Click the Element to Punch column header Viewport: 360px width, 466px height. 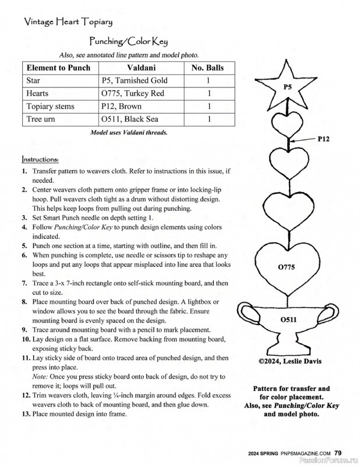(59, 68)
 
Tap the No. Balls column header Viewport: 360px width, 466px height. (207, 68)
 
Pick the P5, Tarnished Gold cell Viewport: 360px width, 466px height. (135, 80)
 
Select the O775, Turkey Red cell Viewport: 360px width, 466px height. (133, 93)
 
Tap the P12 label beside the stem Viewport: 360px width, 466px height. (324, 139)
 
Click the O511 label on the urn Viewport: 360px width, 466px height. (288, 319)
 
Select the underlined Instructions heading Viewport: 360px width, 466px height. (40, 158)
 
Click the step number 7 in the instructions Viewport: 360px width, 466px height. (24, 283)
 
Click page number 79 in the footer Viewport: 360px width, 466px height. (338, 452)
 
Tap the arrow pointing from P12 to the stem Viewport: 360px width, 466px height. (303, 140)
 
